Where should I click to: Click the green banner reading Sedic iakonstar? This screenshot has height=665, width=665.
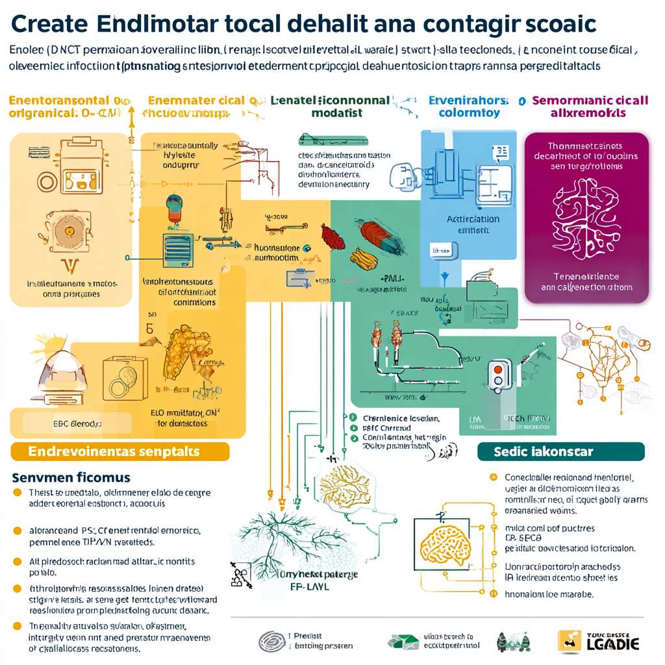point(560,451)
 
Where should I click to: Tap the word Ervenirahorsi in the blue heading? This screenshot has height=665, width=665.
point(468,101)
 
